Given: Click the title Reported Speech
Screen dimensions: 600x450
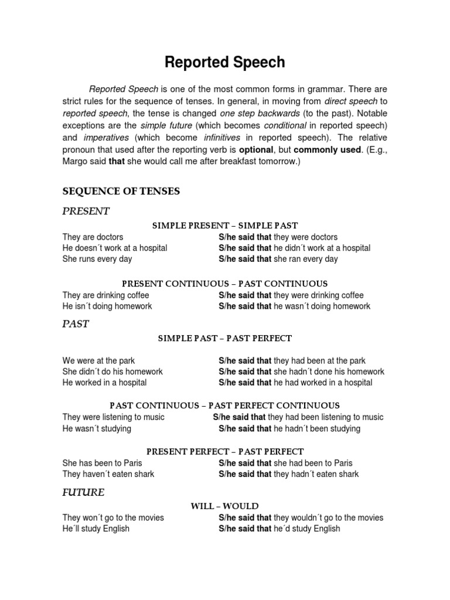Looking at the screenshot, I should click(x=224, y=63).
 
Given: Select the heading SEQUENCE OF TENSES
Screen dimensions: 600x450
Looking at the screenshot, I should click(x=121, y=190).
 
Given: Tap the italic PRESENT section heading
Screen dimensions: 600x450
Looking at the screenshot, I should click(x=86, y=211).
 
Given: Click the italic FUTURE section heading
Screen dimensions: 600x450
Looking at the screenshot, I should click(x=83, y=492).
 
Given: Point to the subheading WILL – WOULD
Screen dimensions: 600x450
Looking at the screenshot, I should click(x=224, y=506).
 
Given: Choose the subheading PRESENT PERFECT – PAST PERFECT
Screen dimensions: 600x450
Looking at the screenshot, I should click(x=224, y=451).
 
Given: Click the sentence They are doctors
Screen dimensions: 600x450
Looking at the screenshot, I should click(x=93, y=237).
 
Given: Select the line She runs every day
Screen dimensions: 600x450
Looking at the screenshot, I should click(x=97, y=258).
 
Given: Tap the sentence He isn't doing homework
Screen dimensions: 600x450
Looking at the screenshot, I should click(x=107, y=306).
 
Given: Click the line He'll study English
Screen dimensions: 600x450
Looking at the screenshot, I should click(x=96, y=529).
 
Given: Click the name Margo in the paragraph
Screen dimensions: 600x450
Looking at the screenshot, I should click(x=76, y=162).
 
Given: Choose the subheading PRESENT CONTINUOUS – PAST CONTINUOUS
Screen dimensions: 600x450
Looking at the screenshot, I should click(x=224, y=284).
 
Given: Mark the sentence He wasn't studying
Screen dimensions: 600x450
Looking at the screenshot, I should click(x=97, y=428).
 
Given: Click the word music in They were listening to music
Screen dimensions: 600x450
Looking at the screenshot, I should click(x=153, y=417).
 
